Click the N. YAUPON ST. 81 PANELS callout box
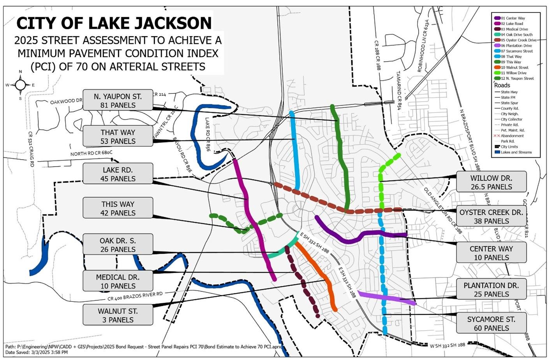coord(118,100)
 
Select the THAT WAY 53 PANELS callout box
coord(118,137)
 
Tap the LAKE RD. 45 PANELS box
coord(118,174)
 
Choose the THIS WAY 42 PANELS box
coord(118,208)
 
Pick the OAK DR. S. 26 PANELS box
coord(118,245)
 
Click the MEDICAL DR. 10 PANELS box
coord(118,281)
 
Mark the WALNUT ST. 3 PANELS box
coord(118,315)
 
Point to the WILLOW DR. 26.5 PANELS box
coord(491,182)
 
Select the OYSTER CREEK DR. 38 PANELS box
coord(491,216)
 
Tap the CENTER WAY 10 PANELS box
coord(491,253)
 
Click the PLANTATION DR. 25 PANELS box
coord(491,290)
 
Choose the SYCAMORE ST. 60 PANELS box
coord(491,323)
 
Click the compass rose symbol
coord(20,85)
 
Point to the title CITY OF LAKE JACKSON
coord(114,23)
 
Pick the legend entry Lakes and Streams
coord(516,152)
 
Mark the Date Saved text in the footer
coord(37,352)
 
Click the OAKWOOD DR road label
coord(66,102)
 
